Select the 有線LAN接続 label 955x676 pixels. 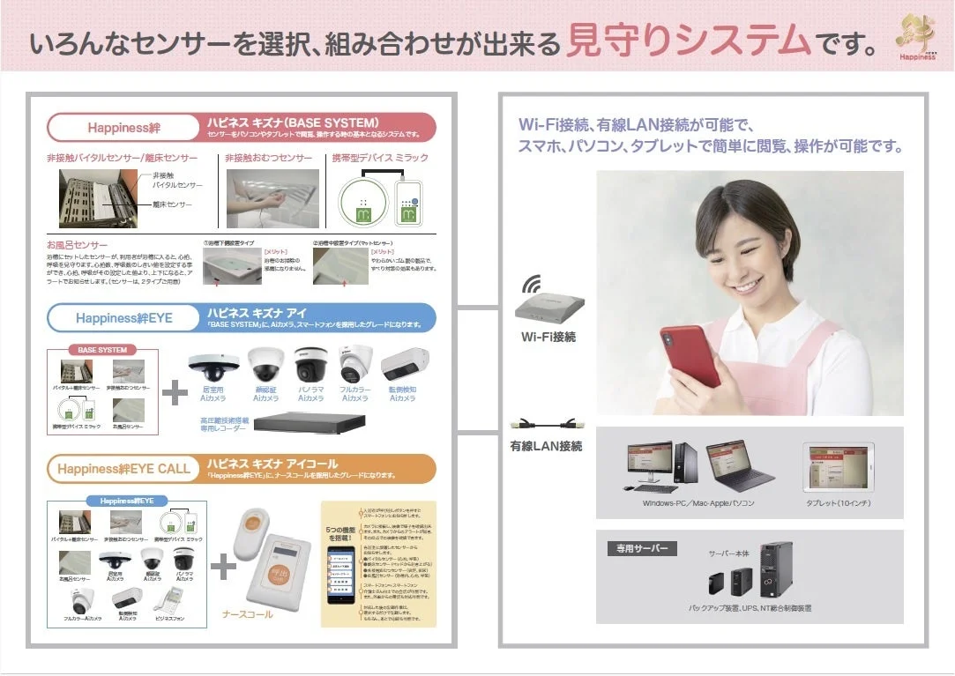click(546, 446)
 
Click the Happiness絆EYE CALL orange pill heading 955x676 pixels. click(123, 469)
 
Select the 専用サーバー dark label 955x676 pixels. click(641, 548)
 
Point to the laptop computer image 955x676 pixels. click(739, 467)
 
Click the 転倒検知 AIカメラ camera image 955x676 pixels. click(406, 363)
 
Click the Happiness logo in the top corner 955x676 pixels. click(917, 37)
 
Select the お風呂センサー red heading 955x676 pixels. click(78, 244)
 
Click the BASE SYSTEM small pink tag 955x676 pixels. click(102, 350)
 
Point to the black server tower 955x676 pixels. click(776, 570)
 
